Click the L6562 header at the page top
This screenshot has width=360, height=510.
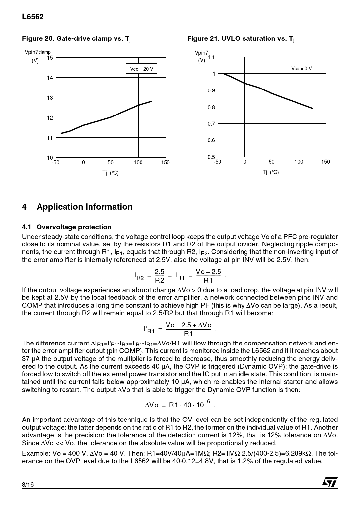click(x=33, y=17)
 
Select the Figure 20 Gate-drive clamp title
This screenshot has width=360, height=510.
click(x=76, y=39)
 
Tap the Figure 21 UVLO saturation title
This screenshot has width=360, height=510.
click(x=241, y=39)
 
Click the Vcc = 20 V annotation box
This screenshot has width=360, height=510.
click(x=141, y=69)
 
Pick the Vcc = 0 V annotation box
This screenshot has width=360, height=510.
click(x=301, y=68)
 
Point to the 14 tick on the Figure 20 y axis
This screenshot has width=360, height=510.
click(x=50, y=78)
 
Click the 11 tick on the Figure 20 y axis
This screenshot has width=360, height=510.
click(x=50, y=138)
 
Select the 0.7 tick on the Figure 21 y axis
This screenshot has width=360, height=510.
click(x=211, y=124)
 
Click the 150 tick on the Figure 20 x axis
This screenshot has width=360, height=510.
click(x=165, y=163)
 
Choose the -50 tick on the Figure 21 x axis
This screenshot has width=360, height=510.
click(x=218, y=162)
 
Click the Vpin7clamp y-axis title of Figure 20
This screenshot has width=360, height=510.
click(x=38, y=52)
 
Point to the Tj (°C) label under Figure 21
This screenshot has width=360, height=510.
click(x=270, y=172)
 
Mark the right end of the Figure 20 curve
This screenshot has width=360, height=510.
click(x=152, y=101)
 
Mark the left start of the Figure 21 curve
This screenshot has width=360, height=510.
click(x=223, y=73)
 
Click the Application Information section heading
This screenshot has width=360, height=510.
click(x=85, y=207)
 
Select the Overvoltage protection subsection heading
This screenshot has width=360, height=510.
click(x=74, y=227)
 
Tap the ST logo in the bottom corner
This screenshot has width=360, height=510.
click(x=330, y=482)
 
